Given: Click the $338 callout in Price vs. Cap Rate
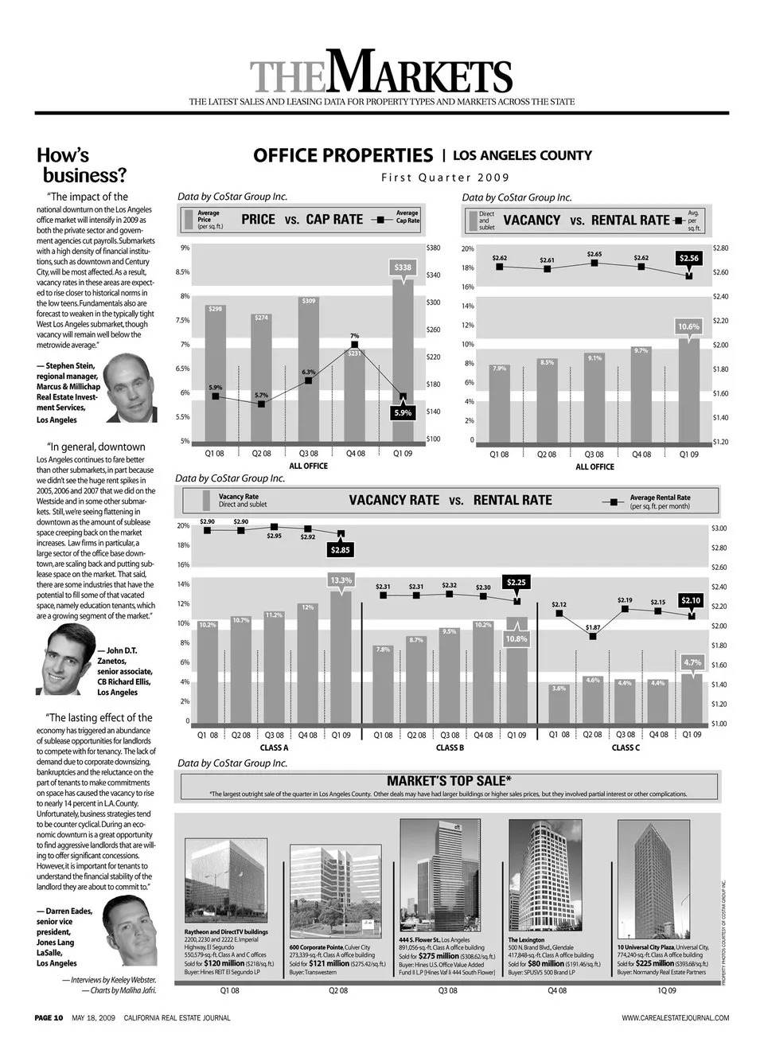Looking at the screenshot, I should click(403, 267).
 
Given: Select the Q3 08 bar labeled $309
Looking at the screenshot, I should click(309, 366).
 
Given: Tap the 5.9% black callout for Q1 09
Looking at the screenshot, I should click(403, 413).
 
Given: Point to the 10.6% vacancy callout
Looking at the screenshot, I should click(688, 327).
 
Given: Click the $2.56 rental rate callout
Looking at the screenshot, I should click(688, 258).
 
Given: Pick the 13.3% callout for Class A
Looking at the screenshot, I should click(341, 580).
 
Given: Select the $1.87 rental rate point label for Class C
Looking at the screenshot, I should click(593, 627).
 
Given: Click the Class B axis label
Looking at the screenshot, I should click(450, 747).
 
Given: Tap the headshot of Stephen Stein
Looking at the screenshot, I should click(130, 388).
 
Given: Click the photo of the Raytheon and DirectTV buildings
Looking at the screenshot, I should click(226, 882).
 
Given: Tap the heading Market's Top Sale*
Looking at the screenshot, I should click(450, 780).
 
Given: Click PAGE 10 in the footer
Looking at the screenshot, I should click(49, 1017).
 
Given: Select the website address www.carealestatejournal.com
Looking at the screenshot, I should click(675, 1017).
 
